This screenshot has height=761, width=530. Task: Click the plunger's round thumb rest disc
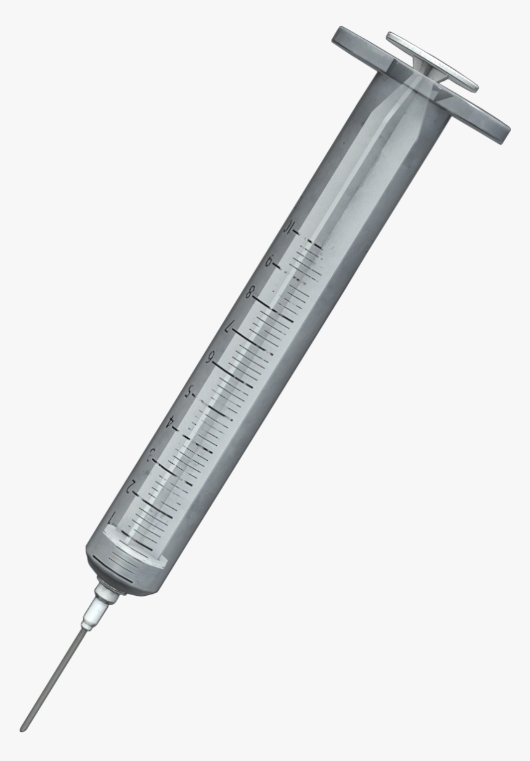[x=432, y=62]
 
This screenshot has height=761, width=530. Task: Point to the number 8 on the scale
[x=250, y=294]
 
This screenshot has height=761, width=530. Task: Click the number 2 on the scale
[x=131, y=487]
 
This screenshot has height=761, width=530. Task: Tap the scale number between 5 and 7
[x=210, y=358]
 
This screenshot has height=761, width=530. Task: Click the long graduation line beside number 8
[x=271, y=306]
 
